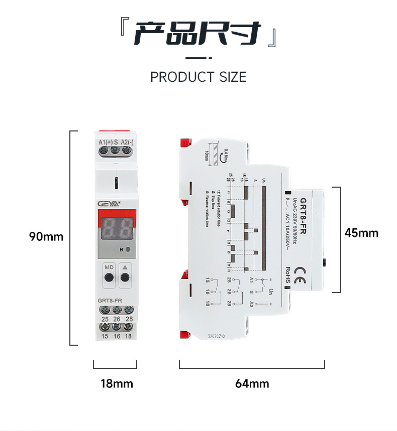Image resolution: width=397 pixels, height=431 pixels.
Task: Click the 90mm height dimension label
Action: click(x=46, y=236)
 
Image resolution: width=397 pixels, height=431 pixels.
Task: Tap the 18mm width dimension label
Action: click(x=117, y=384)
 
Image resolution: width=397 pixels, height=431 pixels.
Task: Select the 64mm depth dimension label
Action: click(x=252, y=384)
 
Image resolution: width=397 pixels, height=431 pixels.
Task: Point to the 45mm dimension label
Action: click(x=361, y=233)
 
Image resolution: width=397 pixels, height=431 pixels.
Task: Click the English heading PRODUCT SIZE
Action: click(x=198, y=77)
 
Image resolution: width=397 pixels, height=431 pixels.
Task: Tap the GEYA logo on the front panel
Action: click(x=108, y=204)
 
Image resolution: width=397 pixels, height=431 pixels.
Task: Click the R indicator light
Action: click(x=128, y=249)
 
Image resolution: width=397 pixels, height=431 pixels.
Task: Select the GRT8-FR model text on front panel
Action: click(x=109, y=301)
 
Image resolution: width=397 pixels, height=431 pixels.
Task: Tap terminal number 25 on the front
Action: click(x=105, y=319)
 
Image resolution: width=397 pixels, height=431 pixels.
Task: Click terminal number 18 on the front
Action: click(x=128, y=336)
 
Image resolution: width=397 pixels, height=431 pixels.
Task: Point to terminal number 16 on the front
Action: click(x=117, y=336)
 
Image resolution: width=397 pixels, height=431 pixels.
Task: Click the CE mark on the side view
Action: click(x=299, y=268)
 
